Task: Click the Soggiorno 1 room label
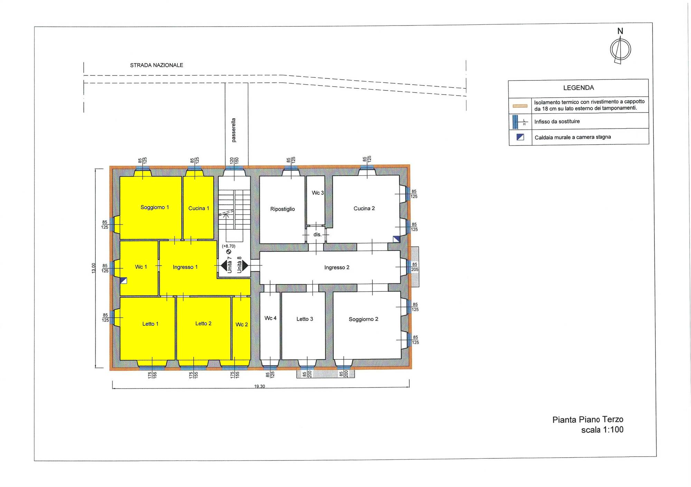click(x=154, y=207)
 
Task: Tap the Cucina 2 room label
click(x=364, y=208)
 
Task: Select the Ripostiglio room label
click(x=282, y=209)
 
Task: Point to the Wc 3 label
click(x=318, y=193)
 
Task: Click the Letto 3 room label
click(x=304, y=319)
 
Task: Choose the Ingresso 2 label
click(x=337, y=267)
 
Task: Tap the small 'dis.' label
click(x=317, y=234)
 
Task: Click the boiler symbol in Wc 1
click(x=123, y=280)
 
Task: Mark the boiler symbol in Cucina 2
click(x=396, y=239)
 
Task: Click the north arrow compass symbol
click(x=620, y=49)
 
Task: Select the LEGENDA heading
click(x=578, y=88)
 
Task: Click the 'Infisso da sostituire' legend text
click(x=557, y=121)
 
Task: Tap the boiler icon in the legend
click(x=520, y=137)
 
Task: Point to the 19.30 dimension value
click(x=259, y=386)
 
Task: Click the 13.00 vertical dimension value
click(x=93, y=268)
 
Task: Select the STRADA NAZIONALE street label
click(x=157, y=65)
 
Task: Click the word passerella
click(x=234, y=130)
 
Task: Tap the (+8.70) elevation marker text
click(x=228, y=246)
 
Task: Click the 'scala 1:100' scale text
click(x=602, y=430)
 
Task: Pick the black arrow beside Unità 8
click(x=245, y=265)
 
